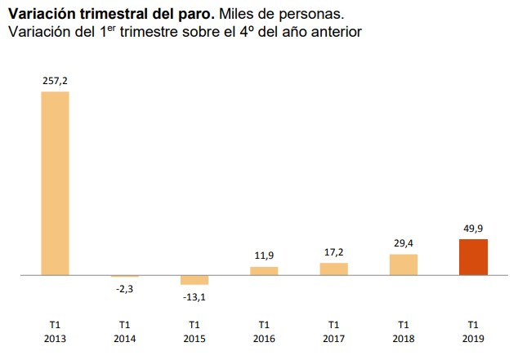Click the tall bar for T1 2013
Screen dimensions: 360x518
coord(55,184)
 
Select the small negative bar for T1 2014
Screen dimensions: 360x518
coord(125,277)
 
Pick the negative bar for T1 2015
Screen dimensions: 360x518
coord(194,280)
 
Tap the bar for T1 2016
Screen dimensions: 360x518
coord(264,271)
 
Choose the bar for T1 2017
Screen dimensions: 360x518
coord(333,269)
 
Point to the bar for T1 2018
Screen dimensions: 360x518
coord(404,265)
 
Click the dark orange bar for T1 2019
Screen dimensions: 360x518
coord(473,257)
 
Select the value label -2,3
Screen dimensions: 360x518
coord(125,288)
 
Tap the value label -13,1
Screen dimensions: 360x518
coord(194,296)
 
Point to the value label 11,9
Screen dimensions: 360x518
coord(264,256)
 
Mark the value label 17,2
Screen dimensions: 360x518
coord(333,252)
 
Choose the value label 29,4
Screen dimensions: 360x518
coord(404,244)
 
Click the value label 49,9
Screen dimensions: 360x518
coord(473,229)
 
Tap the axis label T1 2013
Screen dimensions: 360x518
coord(55,331)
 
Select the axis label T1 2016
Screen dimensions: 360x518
coord(264,331)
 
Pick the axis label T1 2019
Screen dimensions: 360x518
coord(473,331)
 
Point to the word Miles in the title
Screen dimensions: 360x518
coord(238,14)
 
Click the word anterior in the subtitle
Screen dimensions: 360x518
coord(335,32)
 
